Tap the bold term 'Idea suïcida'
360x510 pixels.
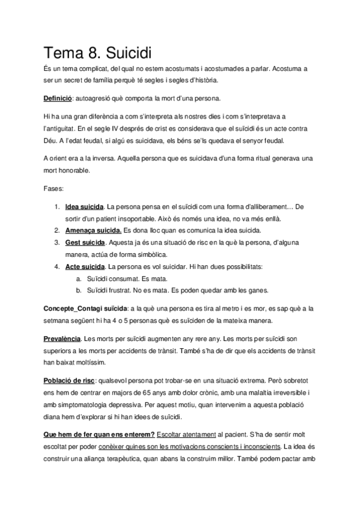(84, 206)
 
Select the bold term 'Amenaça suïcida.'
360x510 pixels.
(93, 230)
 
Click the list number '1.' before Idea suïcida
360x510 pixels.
(56, 206)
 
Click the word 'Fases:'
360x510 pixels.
(53, 188)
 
